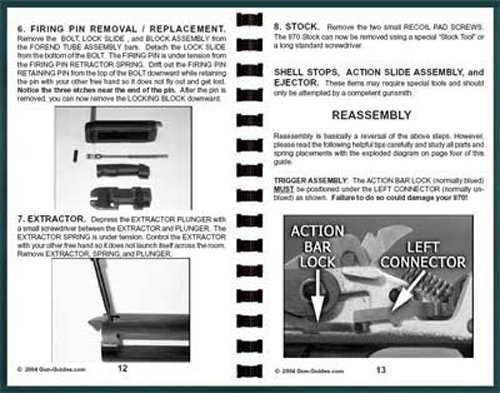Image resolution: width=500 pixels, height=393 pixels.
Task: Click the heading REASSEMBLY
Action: pyautogui.click(x=373, y=116)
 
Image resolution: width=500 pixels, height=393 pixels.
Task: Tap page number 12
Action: pyautogui.click(x=122, y=368)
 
